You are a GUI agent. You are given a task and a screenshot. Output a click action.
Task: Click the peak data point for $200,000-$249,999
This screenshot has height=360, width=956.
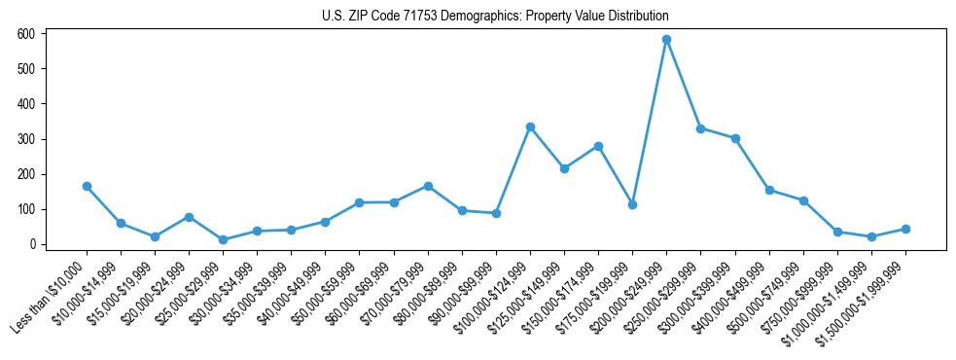(666, 40)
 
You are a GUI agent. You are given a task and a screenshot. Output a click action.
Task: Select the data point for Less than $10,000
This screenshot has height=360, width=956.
(87, 186)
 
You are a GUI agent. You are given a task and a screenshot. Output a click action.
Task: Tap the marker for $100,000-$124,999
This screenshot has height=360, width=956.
(530, 126)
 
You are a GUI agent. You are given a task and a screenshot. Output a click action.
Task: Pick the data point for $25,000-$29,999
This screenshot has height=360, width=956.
(223, 239)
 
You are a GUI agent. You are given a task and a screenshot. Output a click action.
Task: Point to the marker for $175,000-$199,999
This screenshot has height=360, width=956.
(632, 204)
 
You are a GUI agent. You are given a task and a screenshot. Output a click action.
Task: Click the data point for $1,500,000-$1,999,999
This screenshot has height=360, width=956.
(905, 229)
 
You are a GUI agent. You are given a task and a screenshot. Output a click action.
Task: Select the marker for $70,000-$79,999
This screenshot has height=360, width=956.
(428, 186)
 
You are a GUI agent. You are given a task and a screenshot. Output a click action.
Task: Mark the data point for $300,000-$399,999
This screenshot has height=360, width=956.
(735, 138)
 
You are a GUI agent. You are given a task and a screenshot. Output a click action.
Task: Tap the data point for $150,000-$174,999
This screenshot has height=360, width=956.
(598, 146)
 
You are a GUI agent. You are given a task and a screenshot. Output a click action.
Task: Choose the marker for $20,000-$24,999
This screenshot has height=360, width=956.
(189, 217)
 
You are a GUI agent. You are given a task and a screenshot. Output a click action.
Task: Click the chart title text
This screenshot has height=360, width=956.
(495, 17)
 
